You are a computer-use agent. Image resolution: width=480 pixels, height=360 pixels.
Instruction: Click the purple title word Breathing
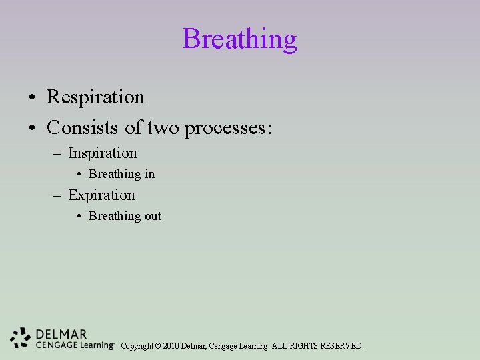point(239,39)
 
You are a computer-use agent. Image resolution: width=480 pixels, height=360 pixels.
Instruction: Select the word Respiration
point(95,97)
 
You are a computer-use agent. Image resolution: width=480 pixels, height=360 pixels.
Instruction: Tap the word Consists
point(84,127)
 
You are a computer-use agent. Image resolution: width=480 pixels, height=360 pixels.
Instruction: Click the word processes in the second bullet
point(227,127)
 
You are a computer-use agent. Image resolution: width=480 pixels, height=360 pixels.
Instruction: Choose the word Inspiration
point(102,153)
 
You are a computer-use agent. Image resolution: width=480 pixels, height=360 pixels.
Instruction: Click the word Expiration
point(101,195)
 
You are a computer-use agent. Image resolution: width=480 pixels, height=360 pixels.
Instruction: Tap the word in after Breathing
point(149,174)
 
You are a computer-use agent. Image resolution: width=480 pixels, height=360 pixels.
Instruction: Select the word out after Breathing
point(152,216)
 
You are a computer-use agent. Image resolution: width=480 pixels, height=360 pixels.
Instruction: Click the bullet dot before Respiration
point(32,98)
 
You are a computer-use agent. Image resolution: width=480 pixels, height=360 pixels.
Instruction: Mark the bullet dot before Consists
point(32,127)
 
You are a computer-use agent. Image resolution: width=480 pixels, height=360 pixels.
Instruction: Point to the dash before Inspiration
point(59,154)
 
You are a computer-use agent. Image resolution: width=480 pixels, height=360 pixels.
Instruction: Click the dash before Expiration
point(59,196)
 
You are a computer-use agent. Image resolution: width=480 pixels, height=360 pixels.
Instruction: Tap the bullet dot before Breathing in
point(79,175)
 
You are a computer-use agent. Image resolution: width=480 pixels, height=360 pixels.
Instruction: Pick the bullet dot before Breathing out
point(79,217)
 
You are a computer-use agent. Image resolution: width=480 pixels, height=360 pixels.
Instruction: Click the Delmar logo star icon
point(21,339)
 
